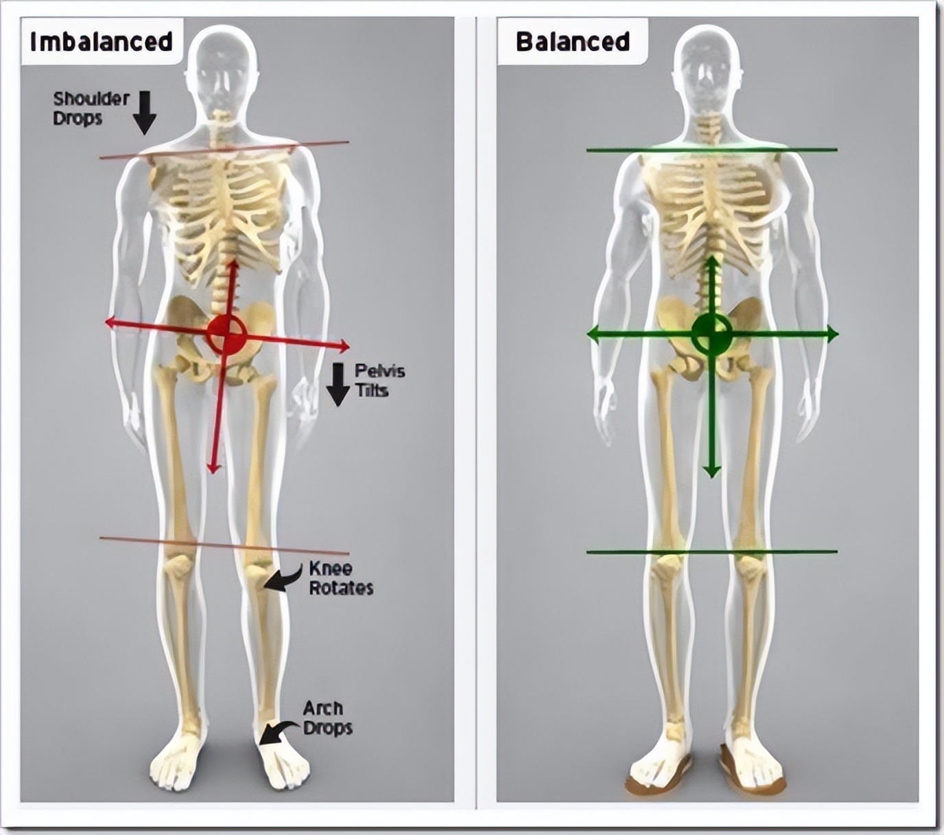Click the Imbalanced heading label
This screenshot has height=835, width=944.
click(x=102, y=41)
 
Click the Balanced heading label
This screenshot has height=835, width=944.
click(x=572, y=41)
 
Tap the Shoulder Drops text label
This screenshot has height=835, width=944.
click(x=91, y=108)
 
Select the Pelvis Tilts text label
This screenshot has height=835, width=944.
click(x=379, y=381)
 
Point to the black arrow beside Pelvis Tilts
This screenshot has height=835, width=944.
click(x=338, y=385)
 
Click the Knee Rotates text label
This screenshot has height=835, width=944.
click(x=340, y=578)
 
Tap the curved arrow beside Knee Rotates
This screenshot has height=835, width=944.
click(x=282, y=580)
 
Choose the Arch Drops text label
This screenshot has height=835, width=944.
click(x=327, y=718)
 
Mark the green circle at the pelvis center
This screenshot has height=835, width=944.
click(x=712, y=334)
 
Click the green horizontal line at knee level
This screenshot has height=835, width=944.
click(x=712, y=551)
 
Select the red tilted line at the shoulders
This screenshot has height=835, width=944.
click(x=224, y=150)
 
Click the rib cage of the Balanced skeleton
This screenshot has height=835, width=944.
click(x=712, y=206)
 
